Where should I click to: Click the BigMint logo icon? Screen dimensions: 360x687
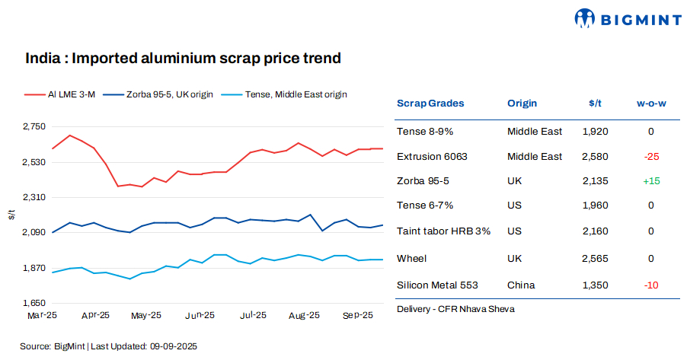[x=585, y=18]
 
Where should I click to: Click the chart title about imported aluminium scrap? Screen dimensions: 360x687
[x=183, y=58]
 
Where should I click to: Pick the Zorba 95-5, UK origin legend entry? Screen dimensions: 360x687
[x=160, y=94]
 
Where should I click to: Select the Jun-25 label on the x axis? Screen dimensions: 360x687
[x=200, y=315]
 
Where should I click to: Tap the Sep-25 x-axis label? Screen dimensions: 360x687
[x=357, y=315]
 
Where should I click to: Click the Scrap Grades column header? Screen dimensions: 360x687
[x=430, y=104]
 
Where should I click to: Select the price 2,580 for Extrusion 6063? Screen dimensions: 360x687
[x=595, y=157]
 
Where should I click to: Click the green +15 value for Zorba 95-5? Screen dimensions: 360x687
[x=650, y=182]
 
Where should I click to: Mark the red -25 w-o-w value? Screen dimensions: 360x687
[x=650, y=157]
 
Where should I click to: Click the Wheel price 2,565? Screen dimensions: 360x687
[x=595, y=259]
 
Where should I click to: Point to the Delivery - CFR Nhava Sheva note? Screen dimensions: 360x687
[x=455, y=309]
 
